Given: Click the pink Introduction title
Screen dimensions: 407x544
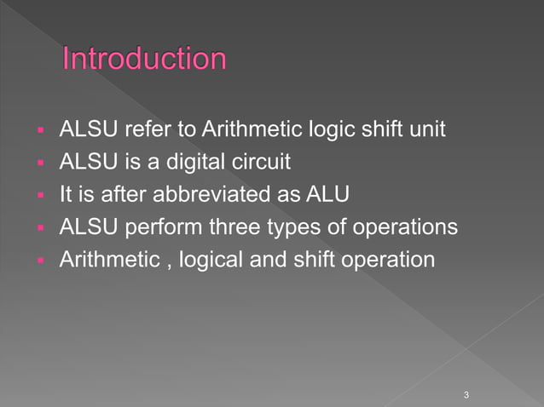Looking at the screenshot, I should [x=145, y=60].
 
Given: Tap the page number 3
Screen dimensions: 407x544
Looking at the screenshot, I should [x=466, y=394].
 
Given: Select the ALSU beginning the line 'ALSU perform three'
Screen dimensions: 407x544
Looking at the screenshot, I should [x=84, y=228].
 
